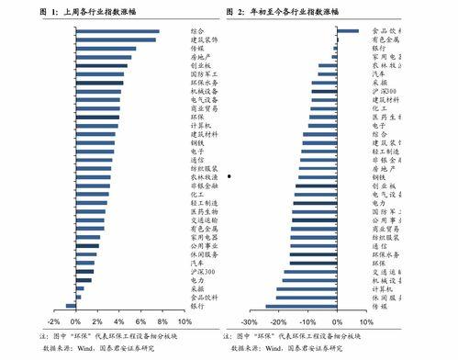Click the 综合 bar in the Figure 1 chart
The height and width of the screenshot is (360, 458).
click(x=117, y=31)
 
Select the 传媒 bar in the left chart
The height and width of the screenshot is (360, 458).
click(x=106, y=49)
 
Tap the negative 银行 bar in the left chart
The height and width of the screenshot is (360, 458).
click(x=71, y=306)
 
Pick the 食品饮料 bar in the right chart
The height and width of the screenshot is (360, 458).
click(x=348, y=31)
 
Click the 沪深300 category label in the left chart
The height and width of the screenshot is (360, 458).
click(x=202, y=272)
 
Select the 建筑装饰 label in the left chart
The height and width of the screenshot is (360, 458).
click(x=204, y=40)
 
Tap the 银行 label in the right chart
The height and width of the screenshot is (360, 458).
click(x=378, y=48)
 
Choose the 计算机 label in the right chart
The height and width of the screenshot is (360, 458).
click(x=383, y=289)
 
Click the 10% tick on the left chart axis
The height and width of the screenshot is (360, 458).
click(x=184, y=323)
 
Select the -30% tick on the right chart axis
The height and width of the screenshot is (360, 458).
click(x=249, y=323)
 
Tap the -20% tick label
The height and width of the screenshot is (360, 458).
click(x=278, y=323)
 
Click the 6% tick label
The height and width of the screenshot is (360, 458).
click(x=140, y=323)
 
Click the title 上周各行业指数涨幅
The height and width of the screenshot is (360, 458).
click(x=104, y=12)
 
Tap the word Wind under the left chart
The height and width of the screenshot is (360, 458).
click(x=86, y=349)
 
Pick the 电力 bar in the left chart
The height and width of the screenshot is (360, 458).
click(x=84, y=280)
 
